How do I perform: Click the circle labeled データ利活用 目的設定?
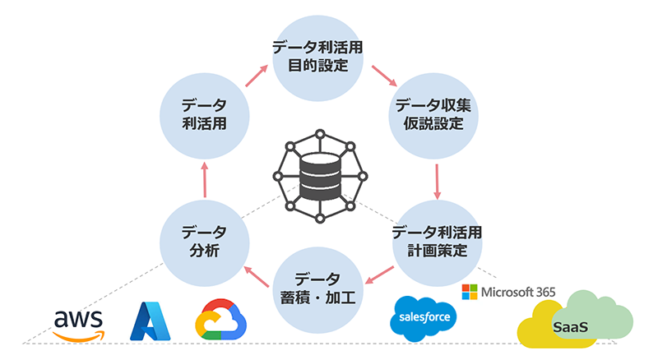pyautogui.click(x=318, y=56)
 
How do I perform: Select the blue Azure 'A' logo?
pyautogui.click(x=153, y=321)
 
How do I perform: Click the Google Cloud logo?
pyautogui.click(x=222, y=319)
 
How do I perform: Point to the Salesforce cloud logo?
pyautogui.click(x=422, y=317)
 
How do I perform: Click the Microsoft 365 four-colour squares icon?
pyautogui.click(x=469, y=292)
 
